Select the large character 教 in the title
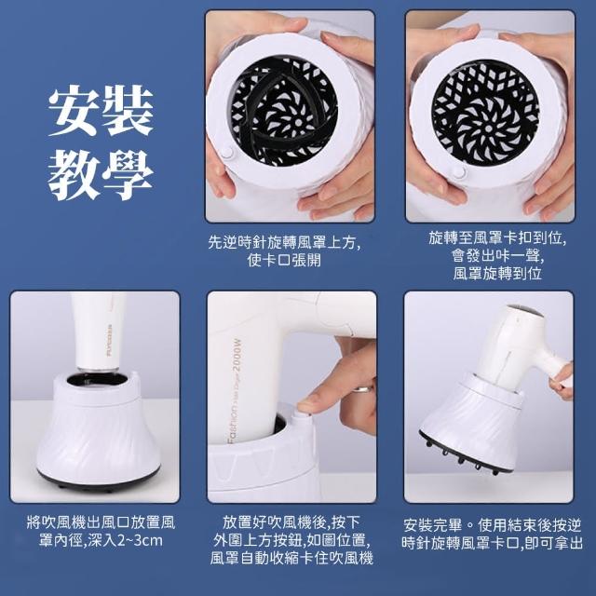coord(73,175)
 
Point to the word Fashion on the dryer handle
coord(233,423)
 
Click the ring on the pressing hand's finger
coord(359,389)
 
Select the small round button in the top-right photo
coord(459,172)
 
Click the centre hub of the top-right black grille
coord(488,129)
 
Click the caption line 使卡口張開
coord(284,260)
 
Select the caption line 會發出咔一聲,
coord(498,256)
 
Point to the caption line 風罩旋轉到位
coord(497,273)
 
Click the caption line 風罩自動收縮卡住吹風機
coord(291,558)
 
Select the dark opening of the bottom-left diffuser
coord(97,380)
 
